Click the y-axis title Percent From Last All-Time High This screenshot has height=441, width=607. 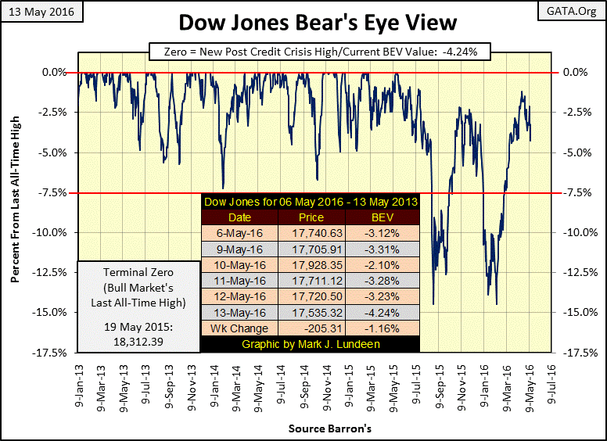click(15, 211)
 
